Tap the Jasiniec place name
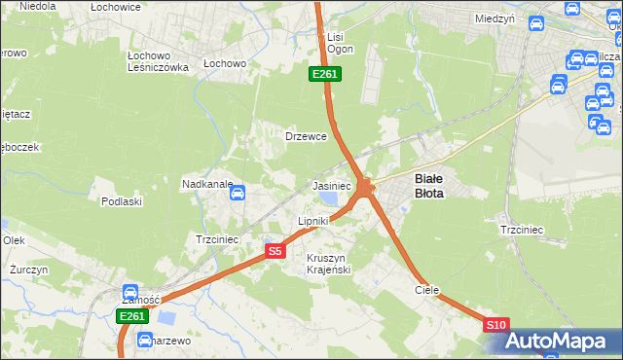[x=331, y=185]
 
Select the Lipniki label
[x=312, y=221]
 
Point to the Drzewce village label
[x=305, y=136]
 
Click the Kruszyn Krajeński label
[x=328, y=263]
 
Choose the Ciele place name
[x=427, y=290]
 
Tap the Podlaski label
[x=122, y=201]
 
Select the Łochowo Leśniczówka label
[x=158, y=61]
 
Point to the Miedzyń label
[x=495, y=18]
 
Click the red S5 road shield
[x=275, y=251]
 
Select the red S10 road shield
[x=495, y=325]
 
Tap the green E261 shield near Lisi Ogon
[x=324, y=74]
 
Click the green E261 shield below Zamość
[x=131, y=317]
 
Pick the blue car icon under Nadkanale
[x=237, y=194]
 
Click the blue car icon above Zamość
[x=130, y=290]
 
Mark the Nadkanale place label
[x=207, y=183]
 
